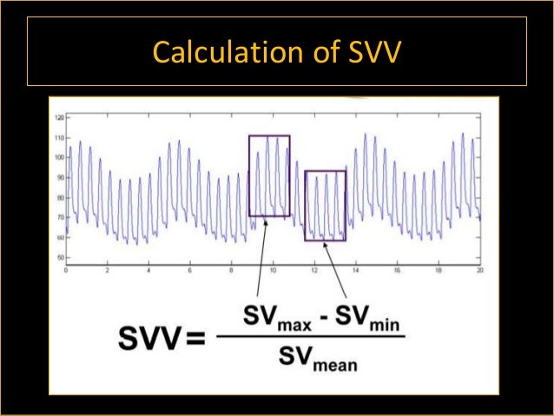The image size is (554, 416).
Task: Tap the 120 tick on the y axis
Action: coord(59,116)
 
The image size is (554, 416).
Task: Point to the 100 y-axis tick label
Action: coord(59,157)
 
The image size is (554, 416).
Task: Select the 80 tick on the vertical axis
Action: coord(60,197)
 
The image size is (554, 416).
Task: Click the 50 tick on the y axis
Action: coord(60,258)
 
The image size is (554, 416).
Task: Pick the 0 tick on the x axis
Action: coord(66,270)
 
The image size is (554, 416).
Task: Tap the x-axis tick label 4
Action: coord(148,270)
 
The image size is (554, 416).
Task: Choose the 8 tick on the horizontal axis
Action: coord(231,270)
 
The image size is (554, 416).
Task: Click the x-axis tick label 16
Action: coord(396,270)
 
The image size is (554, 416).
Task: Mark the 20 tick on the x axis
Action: coord(478,270)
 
